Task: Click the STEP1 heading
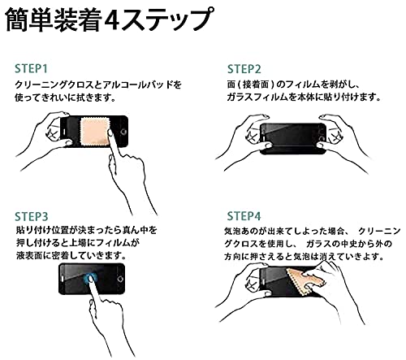31,69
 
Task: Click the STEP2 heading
244,69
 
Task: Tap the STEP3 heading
32,217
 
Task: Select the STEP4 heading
244,216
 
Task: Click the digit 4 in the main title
112,20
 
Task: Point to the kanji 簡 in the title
17,20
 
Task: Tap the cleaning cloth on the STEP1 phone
95,132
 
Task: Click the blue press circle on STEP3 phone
91,279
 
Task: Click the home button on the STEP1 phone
123,132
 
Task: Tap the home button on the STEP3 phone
120,279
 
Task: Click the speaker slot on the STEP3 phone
63,279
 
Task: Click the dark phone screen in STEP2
292,138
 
